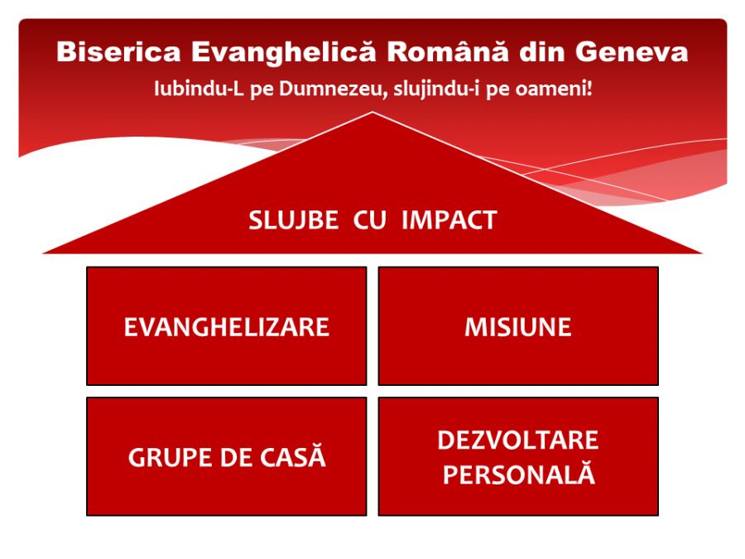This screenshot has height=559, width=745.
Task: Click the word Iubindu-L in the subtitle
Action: tap(192, 89)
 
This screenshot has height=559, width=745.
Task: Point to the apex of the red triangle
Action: tap(372, 113)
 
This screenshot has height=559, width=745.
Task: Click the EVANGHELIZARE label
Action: tap(226, 327)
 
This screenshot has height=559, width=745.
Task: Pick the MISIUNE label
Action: tap(517, 327)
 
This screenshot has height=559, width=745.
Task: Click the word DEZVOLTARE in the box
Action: tap(517, 441)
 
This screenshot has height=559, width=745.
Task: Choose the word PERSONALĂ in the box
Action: tap(517, 475)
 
